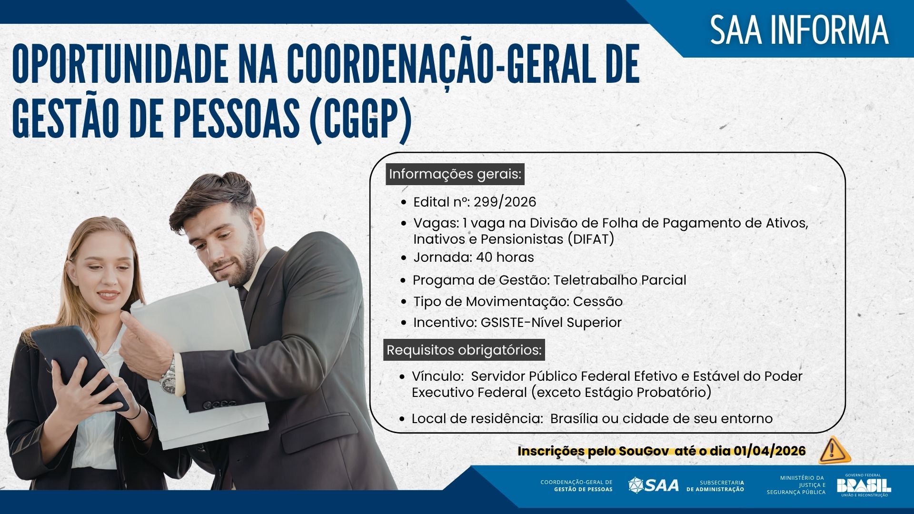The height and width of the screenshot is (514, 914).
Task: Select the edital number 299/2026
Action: click(x=505, y=202)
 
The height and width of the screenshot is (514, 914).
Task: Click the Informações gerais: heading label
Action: click(x=455, y=174)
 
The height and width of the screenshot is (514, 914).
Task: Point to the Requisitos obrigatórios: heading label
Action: click(x=464, y=350)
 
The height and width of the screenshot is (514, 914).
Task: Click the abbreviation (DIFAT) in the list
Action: click(x=591, y=239)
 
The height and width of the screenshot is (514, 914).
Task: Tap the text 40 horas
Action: click(x=505, y=257)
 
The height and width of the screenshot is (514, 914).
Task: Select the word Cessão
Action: click(x=597, y=302)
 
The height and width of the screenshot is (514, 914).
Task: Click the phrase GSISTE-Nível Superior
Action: click(x=551, y=323)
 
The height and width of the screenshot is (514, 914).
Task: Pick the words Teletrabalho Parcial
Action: click(x=619, y=280)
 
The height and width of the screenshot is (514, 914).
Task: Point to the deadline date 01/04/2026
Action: click(x=769, y=451)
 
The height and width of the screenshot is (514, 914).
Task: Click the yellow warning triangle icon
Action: click(x=834, y=450)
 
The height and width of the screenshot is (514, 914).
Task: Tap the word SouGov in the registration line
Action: click(x=644, y=451)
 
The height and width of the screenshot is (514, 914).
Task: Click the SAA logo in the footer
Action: click(x=653, y=485)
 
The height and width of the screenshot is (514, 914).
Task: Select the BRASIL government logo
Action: click(x=864, y=485)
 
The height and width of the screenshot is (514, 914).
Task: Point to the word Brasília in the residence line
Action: click(x=574, y=419)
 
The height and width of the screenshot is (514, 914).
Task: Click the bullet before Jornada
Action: click(x=404, y=258)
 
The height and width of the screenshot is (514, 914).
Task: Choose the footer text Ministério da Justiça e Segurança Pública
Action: click(x=796, y=485)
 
